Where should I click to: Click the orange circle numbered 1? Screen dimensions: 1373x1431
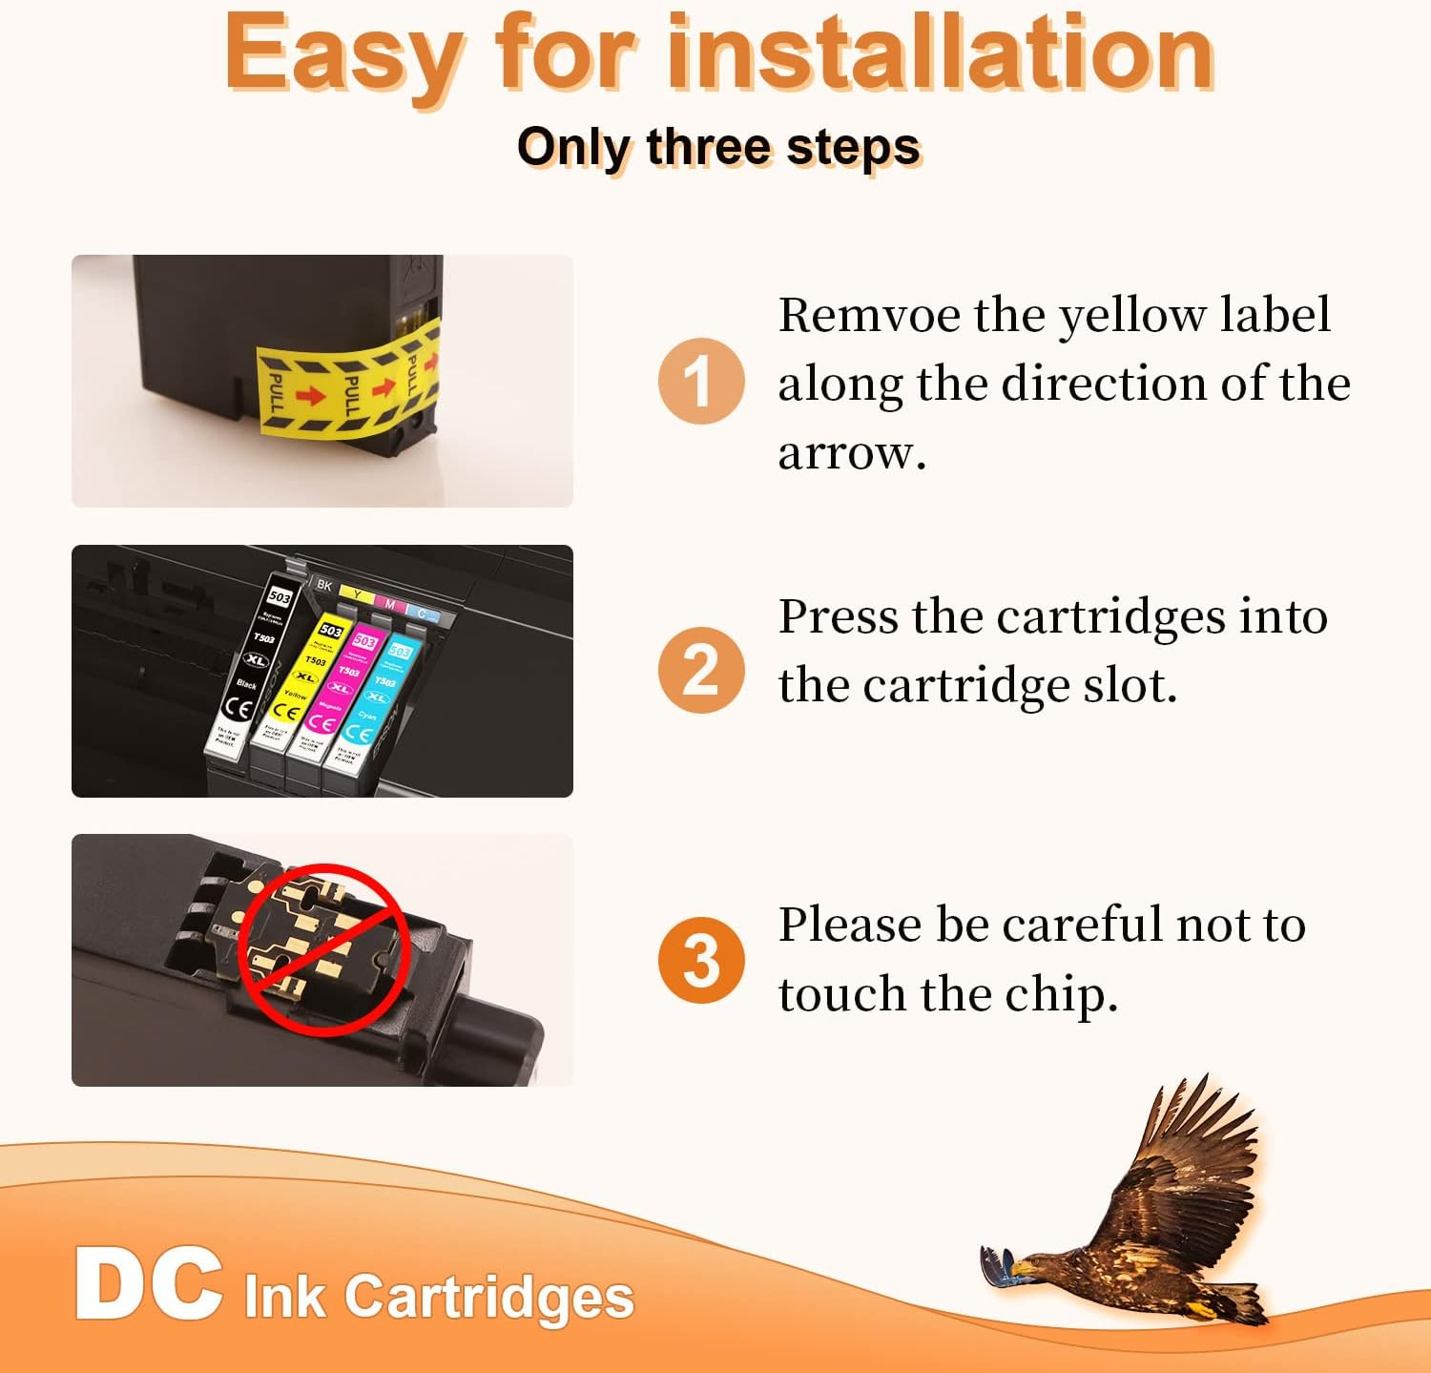point(700,381)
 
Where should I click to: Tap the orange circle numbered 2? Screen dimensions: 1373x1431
point(700,670)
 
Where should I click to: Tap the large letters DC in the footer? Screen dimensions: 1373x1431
point(148,1284)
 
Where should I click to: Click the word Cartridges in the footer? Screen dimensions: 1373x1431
point(488,1298)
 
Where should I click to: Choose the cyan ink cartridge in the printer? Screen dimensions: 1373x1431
point(374,701)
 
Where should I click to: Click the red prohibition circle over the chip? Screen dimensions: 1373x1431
point(323,949)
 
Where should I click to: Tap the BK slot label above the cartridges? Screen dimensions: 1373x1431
point(324,585)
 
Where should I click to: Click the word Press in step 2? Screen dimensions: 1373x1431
point(838,616)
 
